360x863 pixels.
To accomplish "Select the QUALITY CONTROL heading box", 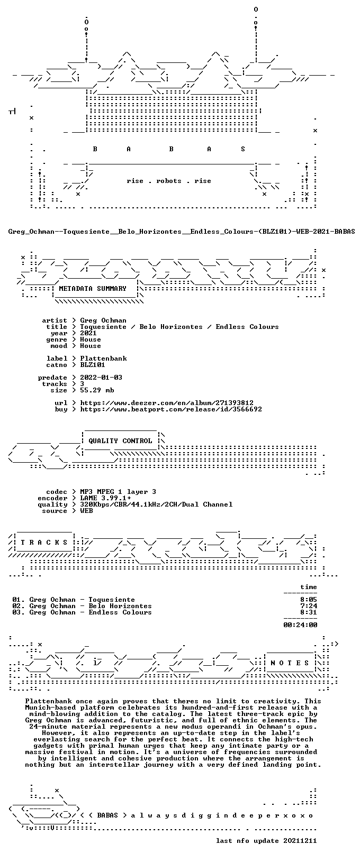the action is [x=120, y=440].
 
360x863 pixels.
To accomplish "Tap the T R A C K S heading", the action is [x=44, y=542].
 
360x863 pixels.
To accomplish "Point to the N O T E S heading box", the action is [x=290, y=663].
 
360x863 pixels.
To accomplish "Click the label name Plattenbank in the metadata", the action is [x=103, y=359].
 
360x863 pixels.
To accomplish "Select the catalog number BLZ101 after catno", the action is [x=93, y=364].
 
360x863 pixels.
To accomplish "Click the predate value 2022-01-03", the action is [x=101, y=377].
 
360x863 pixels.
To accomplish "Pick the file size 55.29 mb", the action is [x=97, y=390].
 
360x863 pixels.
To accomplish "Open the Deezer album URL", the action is [x=167, y=402].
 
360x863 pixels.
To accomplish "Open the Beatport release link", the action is [x=171, y=409].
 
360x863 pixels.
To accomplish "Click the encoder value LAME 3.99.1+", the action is [x=105, y=498].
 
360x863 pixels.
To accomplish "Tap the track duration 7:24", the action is [x=309, y=606].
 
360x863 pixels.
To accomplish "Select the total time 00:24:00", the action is [x=300, y=625].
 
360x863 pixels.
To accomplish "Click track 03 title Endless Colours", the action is [x=120, y=612].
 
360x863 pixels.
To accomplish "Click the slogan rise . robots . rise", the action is [x=169, y=181].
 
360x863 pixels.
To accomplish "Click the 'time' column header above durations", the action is [x=309, y=587].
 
